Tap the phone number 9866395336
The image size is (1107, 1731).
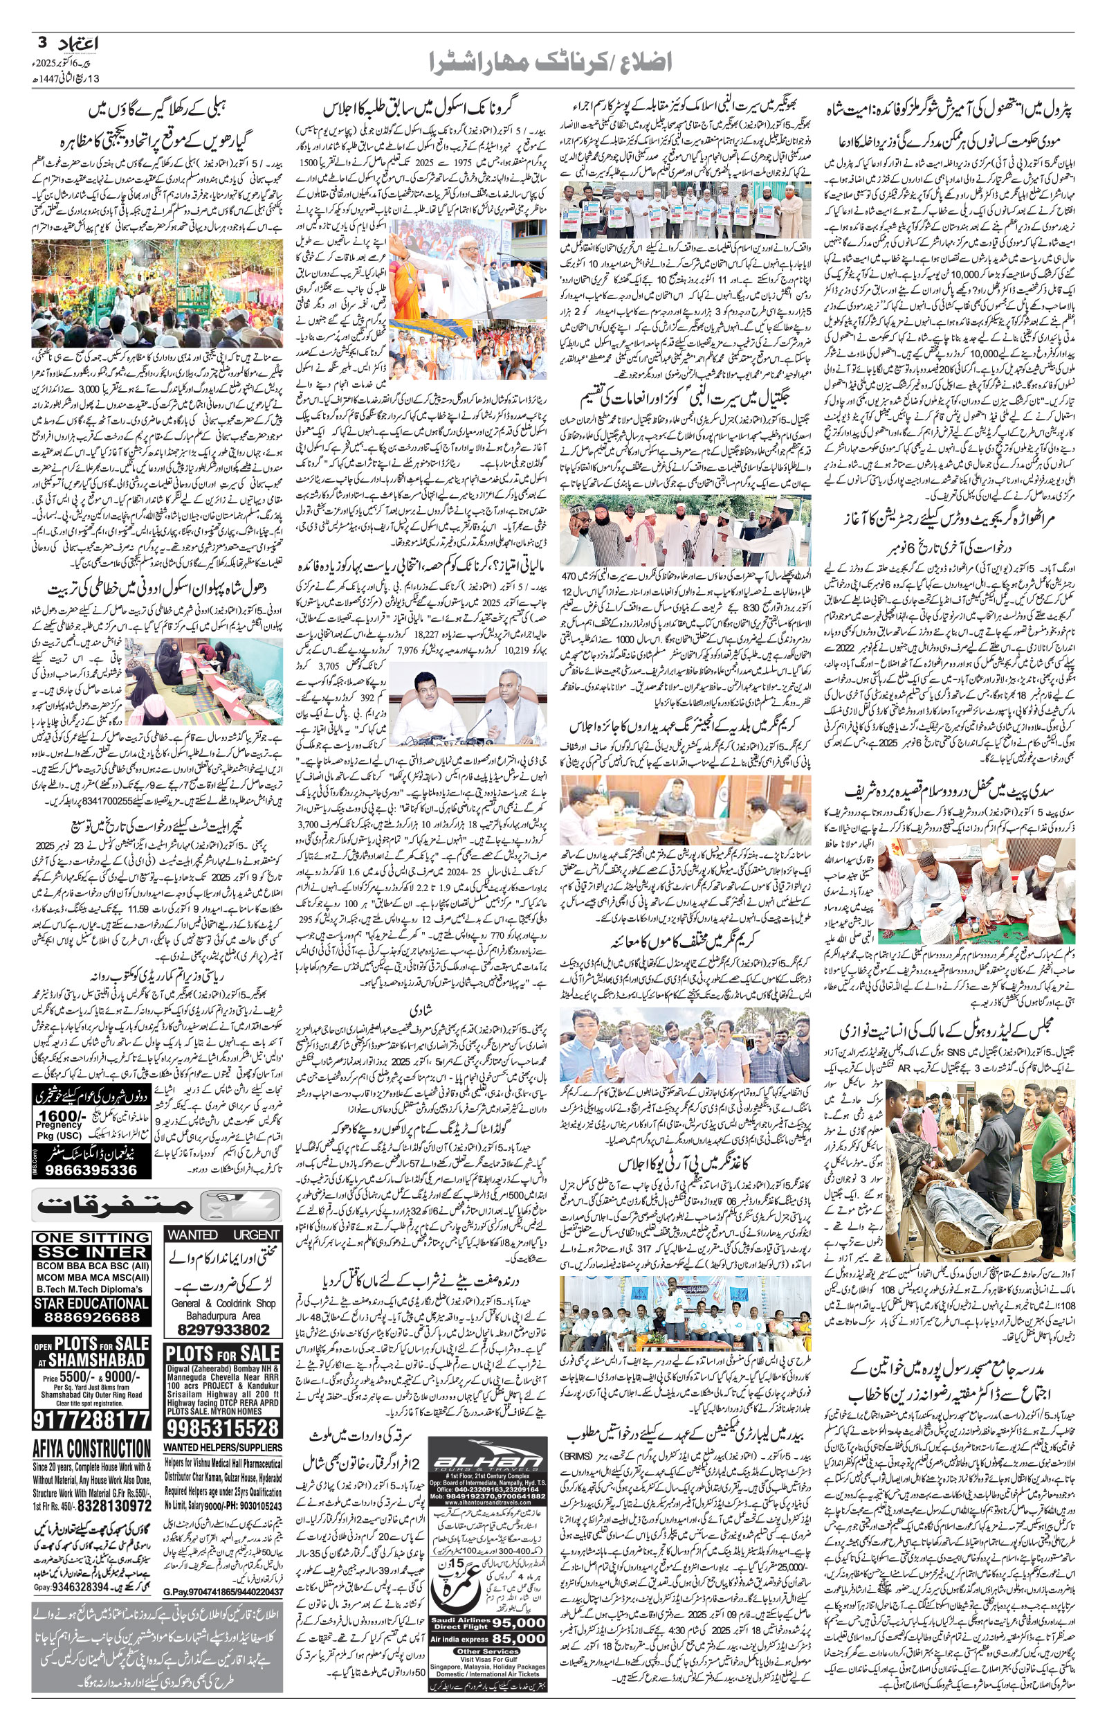[92, 1170]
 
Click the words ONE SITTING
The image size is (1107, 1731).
[92, 1237]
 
